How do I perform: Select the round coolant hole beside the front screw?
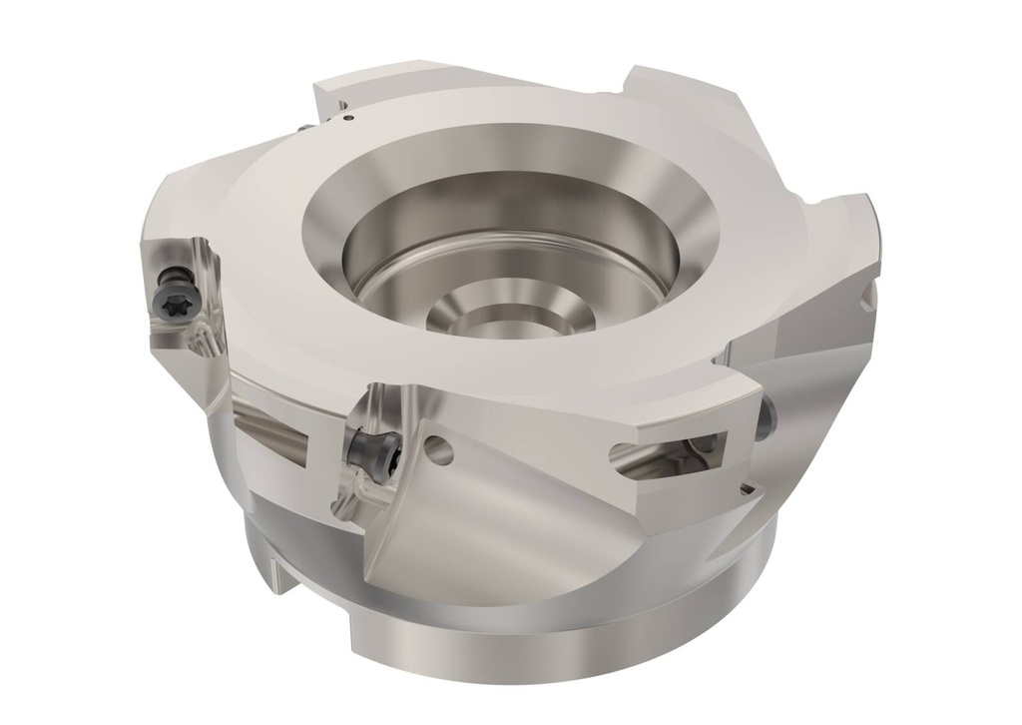439,452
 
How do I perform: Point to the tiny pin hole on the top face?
345,119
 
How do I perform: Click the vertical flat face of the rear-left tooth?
329,100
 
